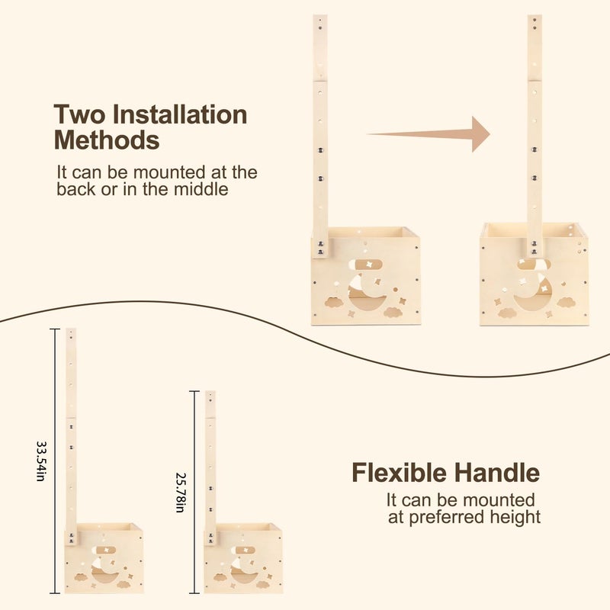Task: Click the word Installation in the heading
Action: point(180,114)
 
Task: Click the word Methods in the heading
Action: point(107,140)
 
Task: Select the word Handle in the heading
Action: point(497,473)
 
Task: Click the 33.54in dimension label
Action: point(40,461)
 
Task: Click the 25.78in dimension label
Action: point(181,493)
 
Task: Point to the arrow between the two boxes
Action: point(429,134)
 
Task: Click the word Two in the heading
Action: point(80,114)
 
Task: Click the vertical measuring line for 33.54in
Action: point(55,461)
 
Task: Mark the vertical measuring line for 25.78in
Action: point(194,493)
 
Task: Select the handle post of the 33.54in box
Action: point(71,436)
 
